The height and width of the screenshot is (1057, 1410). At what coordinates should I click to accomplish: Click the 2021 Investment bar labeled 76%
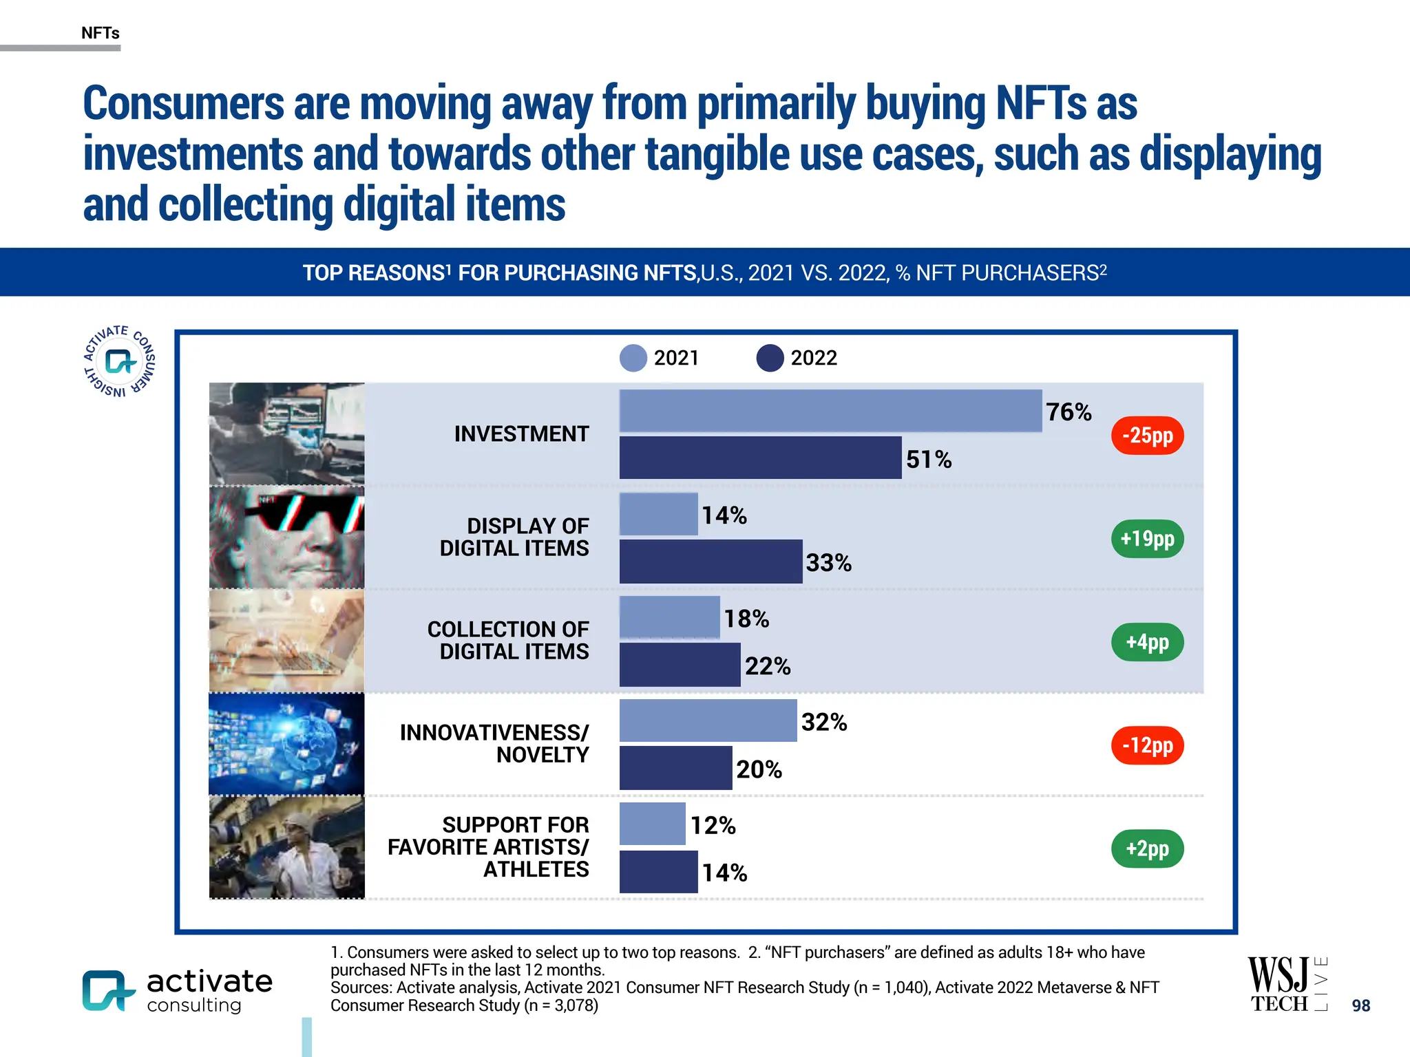click(x=830, y=411)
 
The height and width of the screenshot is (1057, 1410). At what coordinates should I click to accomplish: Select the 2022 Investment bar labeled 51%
click(x=760, y=458)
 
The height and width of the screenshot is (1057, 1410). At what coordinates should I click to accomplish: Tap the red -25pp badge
click(x=1147, y=436)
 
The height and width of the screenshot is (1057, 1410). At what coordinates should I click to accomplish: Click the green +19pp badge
click(x=1147, y=539)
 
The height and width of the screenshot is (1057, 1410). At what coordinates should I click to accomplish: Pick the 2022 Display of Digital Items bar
click(x=711, y=562)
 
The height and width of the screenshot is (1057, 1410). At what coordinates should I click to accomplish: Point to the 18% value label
click(x=746, y=619)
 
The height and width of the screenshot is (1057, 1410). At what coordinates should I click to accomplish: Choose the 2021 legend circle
click(x=633, y=358)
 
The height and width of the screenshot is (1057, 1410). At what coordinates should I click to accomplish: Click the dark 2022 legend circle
click(x=770, y=358)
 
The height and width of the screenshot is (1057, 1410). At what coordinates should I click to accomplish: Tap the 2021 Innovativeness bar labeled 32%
click(x=708, y=720)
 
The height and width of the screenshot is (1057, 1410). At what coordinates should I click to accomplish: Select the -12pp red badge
click(x=1147, y=745)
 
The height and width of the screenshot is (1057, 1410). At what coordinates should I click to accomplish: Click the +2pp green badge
click(x=1147, y=848)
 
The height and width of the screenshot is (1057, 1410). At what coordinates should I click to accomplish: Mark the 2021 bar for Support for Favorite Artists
click(x=652, y=824)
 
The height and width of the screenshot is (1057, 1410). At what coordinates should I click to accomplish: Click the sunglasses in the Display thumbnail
click(x=303, y=513)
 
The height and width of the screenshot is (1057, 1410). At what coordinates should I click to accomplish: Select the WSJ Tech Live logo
click(x=1287, y=984)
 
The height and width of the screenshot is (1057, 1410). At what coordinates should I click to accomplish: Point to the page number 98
click(x=1360, y=1005)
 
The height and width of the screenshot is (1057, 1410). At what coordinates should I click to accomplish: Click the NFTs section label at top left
click(x=101, y=33)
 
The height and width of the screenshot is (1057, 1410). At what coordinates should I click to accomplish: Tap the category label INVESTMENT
click(x=521, y=434)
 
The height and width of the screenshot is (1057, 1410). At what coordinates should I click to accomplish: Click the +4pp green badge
click(x=1147, y=642)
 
